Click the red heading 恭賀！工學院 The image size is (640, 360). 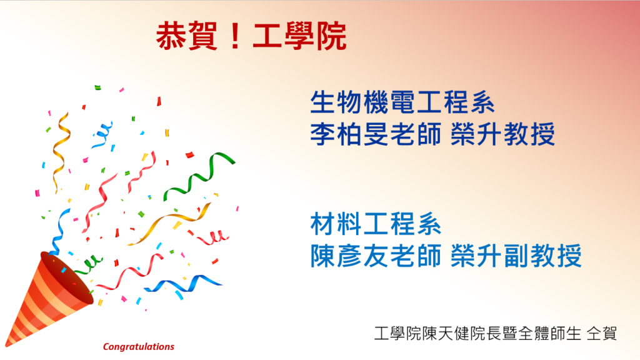click(251, 36)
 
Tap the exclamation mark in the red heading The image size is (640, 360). click(235, 37)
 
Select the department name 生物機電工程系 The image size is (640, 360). click(402, 102)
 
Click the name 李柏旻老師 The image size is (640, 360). click(376, 134)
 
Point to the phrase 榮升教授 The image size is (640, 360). click(503, 134)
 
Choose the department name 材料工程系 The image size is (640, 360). click(376, 224)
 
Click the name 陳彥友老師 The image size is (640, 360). click(376, 256)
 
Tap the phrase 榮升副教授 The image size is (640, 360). click(516, 256)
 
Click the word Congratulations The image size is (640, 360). click(138, 346)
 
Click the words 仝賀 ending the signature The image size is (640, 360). click(602, 334)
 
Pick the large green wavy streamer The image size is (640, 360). click(199, 176)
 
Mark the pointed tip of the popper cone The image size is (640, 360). click(6, 345)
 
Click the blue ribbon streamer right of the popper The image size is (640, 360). click(183, 284)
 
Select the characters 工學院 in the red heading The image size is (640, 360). click(300, 36)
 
